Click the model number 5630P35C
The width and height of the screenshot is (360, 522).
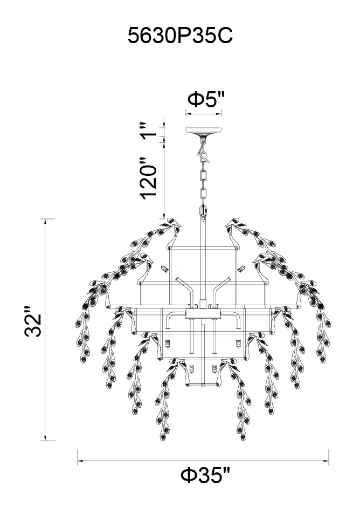tap(180, 36)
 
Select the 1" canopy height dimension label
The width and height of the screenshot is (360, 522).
tap(147, 131)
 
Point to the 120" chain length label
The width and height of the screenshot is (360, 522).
tap(148, 178)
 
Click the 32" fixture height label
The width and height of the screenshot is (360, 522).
tap(33, 321)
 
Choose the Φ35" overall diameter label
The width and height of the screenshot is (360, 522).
tap(205, 476)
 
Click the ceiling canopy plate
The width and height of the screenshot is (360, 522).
tap(203, 130)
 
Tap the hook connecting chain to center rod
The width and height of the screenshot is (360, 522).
tap(203, 210)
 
